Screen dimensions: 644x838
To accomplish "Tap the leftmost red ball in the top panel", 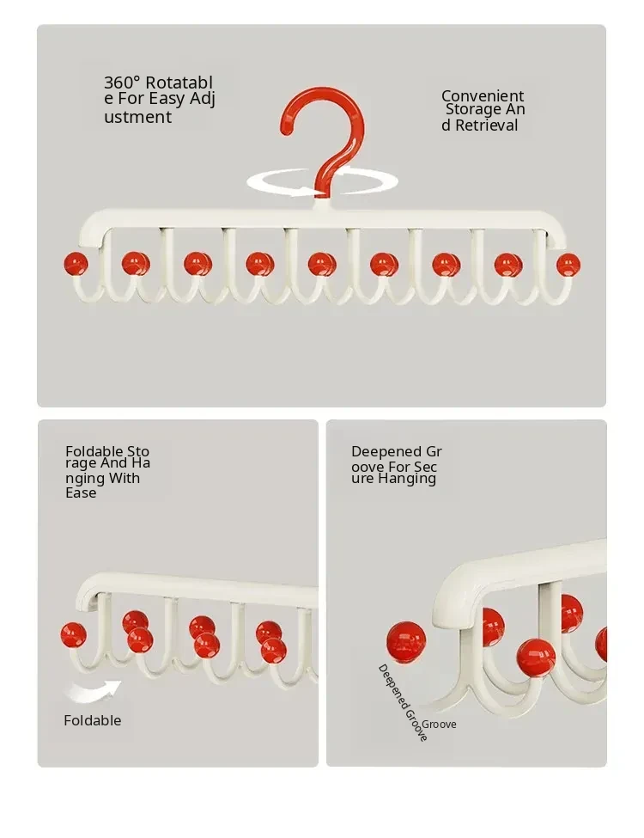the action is tap(76, 264).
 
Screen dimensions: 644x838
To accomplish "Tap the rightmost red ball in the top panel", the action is tap(568, 265).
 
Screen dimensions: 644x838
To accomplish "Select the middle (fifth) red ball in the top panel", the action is tap(321, 265).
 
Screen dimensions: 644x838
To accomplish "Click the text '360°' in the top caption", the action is tap(122, 83).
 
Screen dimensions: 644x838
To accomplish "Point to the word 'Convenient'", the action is tap(483, 96).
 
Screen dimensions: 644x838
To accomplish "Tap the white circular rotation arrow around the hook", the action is tap(322, 182).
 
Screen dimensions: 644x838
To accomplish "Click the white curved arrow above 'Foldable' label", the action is tap(93, 692).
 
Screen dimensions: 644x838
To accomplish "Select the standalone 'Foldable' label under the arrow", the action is tap(93, 720).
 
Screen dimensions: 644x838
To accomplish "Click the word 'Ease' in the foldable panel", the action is tap(81, 492).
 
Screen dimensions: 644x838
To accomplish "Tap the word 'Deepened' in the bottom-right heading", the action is tap(383, 451).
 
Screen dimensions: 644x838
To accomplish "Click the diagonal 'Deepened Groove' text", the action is tap(403, 702).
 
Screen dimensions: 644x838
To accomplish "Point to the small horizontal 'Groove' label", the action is tap(439, 725).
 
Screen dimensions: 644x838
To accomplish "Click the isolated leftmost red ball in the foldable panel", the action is tap(74, 635).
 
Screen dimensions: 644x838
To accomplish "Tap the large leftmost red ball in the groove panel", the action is tap(406, 641).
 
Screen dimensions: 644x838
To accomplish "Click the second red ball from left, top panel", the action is tap(136, 264).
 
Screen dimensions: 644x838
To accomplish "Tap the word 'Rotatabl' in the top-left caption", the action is tap(179, 83).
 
